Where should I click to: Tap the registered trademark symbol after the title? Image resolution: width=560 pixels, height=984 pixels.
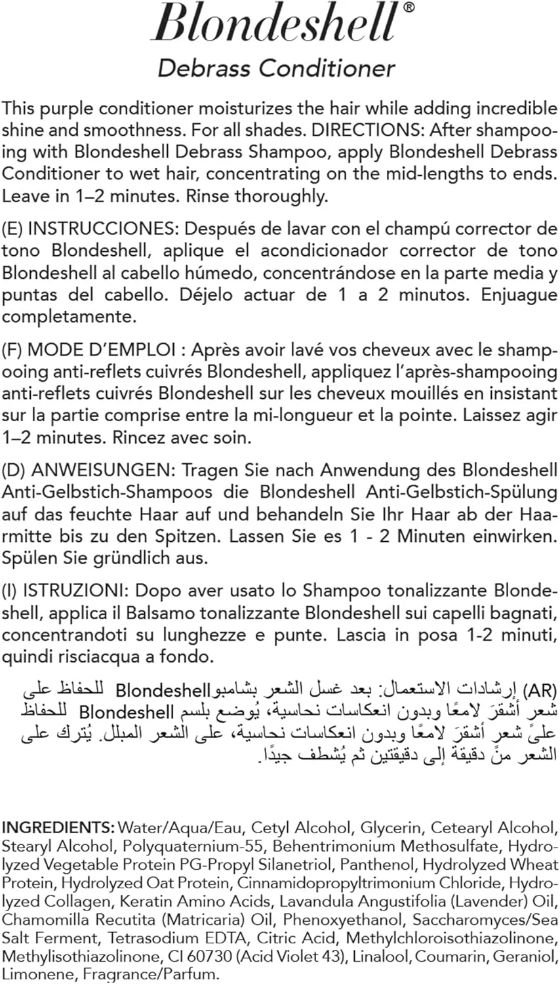tap(408, 8)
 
